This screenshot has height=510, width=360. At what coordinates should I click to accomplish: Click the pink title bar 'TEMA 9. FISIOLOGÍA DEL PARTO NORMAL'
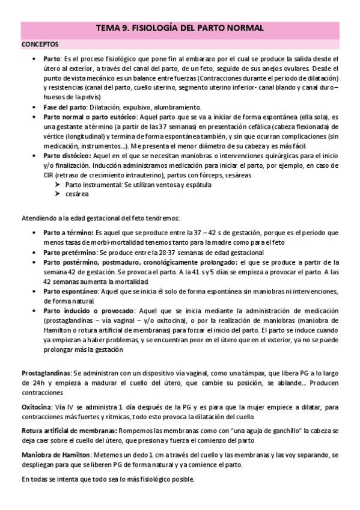pyautogui.click(x=180, y=28)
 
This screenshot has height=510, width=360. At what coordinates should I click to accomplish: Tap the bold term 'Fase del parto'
pyautogui.click(x=64, y=107)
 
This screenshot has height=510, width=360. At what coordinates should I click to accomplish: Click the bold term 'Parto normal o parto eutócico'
pyautogui.click(x=90, y=117)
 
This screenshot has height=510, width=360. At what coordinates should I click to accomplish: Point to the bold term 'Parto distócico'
pyautogui.click(x=67, y=155)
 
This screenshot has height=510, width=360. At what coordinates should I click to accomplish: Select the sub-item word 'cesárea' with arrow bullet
pyautogui.click(x=78, y=194)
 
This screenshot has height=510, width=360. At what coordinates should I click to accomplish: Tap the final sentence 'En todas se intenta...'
pyautogui.click(x=108, y=479)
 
